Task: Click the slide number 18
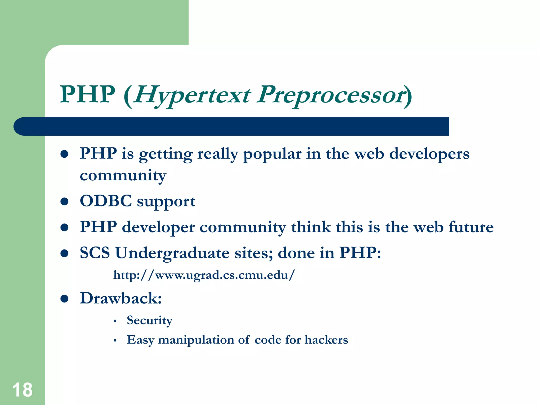(22, 390)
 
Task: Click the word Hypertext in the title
(192, 95)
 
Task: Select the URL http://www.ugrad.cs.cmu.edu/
(204, 275)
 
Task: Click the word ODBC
(106, 201)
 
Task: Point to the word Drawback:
(121, 298)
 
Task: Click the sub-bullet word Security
(149, 320)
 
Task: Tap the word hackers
(326, 340)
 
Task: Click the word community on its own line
(123, 175)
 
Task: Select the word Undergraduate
(172, 253)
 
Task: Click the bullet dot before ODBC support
(64, 202)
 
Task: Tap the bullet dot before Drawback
(64, 299)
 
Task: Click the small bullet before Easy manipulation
(115, 341)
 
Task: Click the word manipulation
(196, 340)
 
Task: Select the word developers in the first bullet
(429, 154)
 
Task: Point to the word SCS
(95, 253)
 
